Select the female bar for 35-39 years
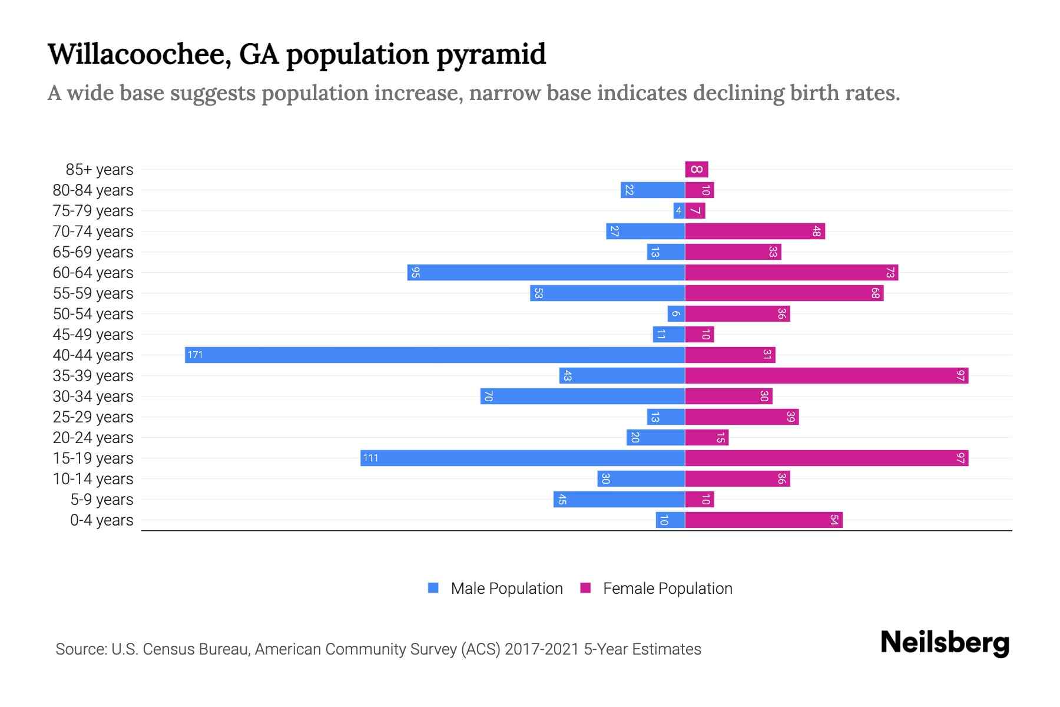tap(826, 375)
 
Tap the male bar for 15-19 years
tap(522, 458)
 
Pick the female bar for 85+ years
tap(696, 169)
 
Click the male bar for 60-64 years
tap(546, 272)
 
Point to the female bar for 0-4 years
tap(763, 520)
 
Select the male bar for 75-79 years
tap(679, 210)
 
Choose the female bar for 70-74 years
tap(754, 231)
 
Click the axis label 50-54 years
tap(93, 314)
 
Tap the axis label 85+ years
tap(100, 170)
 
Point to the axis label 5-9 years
tap(102, 500)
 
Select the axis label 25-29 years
tap(93, 417)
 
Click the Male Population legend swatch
tap(433, 588)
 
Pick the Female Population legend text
tap(667, 589)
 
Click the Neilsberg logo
tap(945, 643)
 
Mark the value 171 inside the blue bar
tap(195, 355)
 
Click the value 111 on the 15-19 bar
tap(370, 458)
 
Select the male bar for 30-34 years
tap(582, 396)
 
